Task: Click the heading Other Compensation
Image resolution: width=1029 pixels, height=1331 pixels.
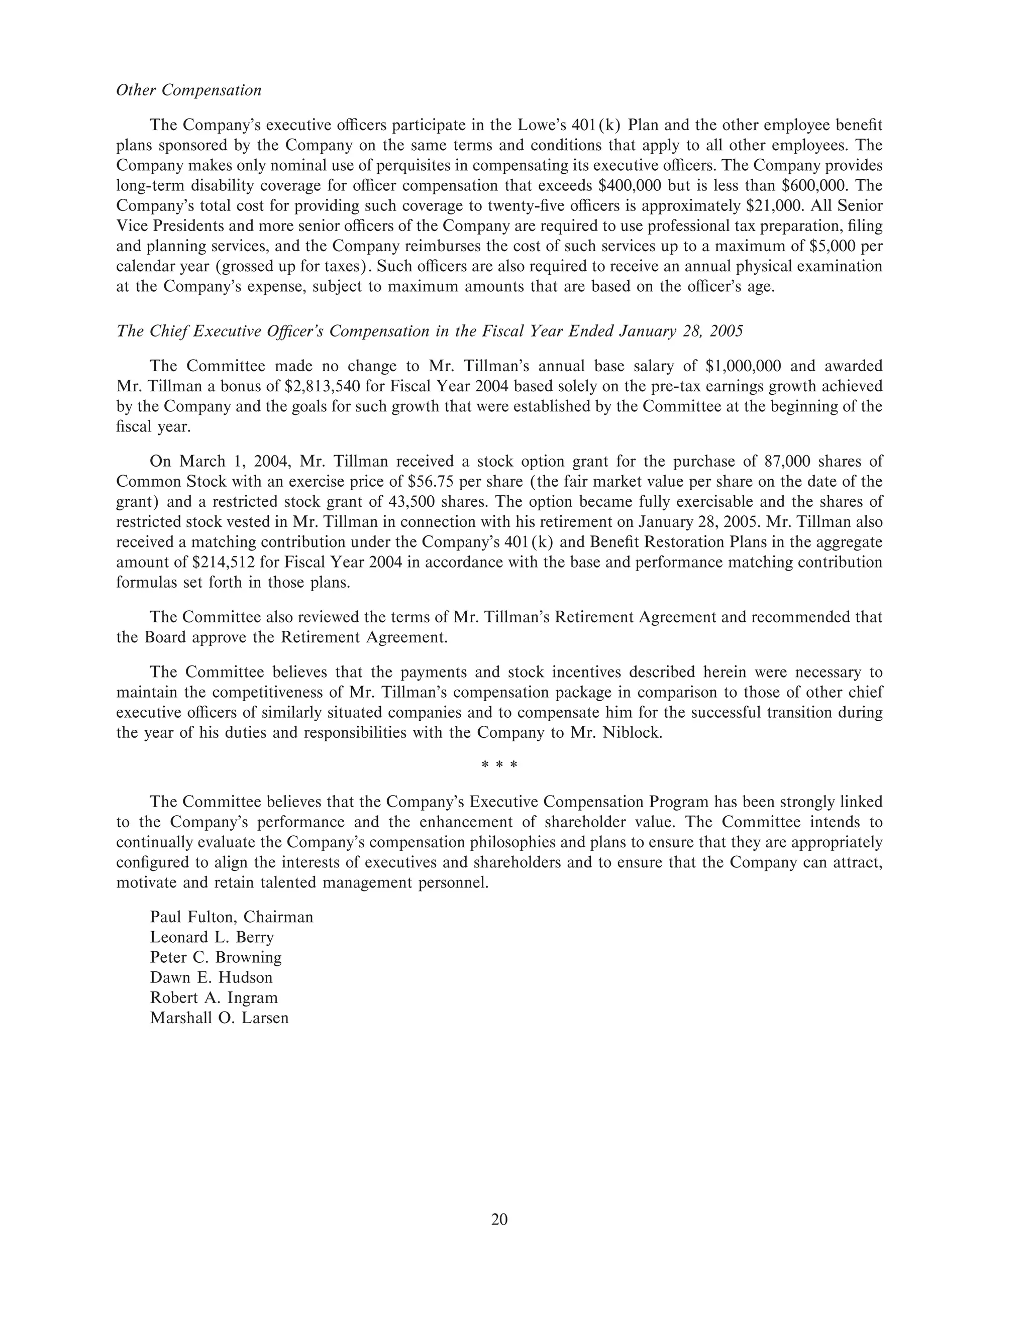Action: click(188, 90)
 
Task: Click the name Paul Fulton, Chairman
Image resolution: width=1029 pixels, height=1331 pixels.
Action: click(231, 917)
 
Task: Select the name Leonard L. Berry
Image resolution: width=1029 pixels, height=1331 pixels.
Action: click(212, 937)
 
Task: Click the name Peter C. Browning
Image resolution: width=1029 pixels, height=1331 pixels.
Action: click(216, 957)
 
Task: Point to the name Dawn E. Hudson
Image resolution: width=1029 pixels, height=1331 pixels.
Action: click(211, 977)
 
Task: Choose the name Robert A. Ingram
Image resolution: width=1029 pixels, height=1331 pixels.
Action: click(214, 997)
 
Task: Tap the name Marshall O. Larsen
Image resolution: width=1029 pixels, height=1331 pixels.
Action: click(219, 1018)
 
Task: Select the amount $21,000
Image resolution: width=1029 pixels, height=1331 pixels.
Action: click(771, 205)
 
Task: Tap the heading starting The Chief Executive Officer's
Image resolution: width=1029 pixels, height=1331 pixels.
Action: click(429, 331)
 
